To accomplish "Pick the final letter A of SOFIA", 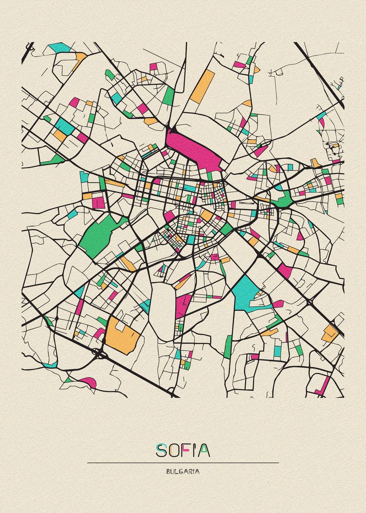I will (x=204, y=450).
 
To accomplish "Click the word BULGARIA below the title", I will (x=183, y=472).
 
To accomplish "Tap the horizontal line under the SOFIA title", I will (x=183, y=463).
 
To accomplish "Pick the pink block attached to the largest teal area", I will (x=278, y=304).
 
